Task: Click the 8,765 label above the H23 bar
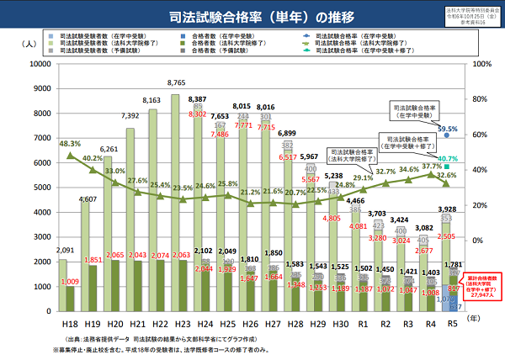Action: [199, 82]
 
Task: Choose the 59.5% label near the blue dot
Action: [447, 129]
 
